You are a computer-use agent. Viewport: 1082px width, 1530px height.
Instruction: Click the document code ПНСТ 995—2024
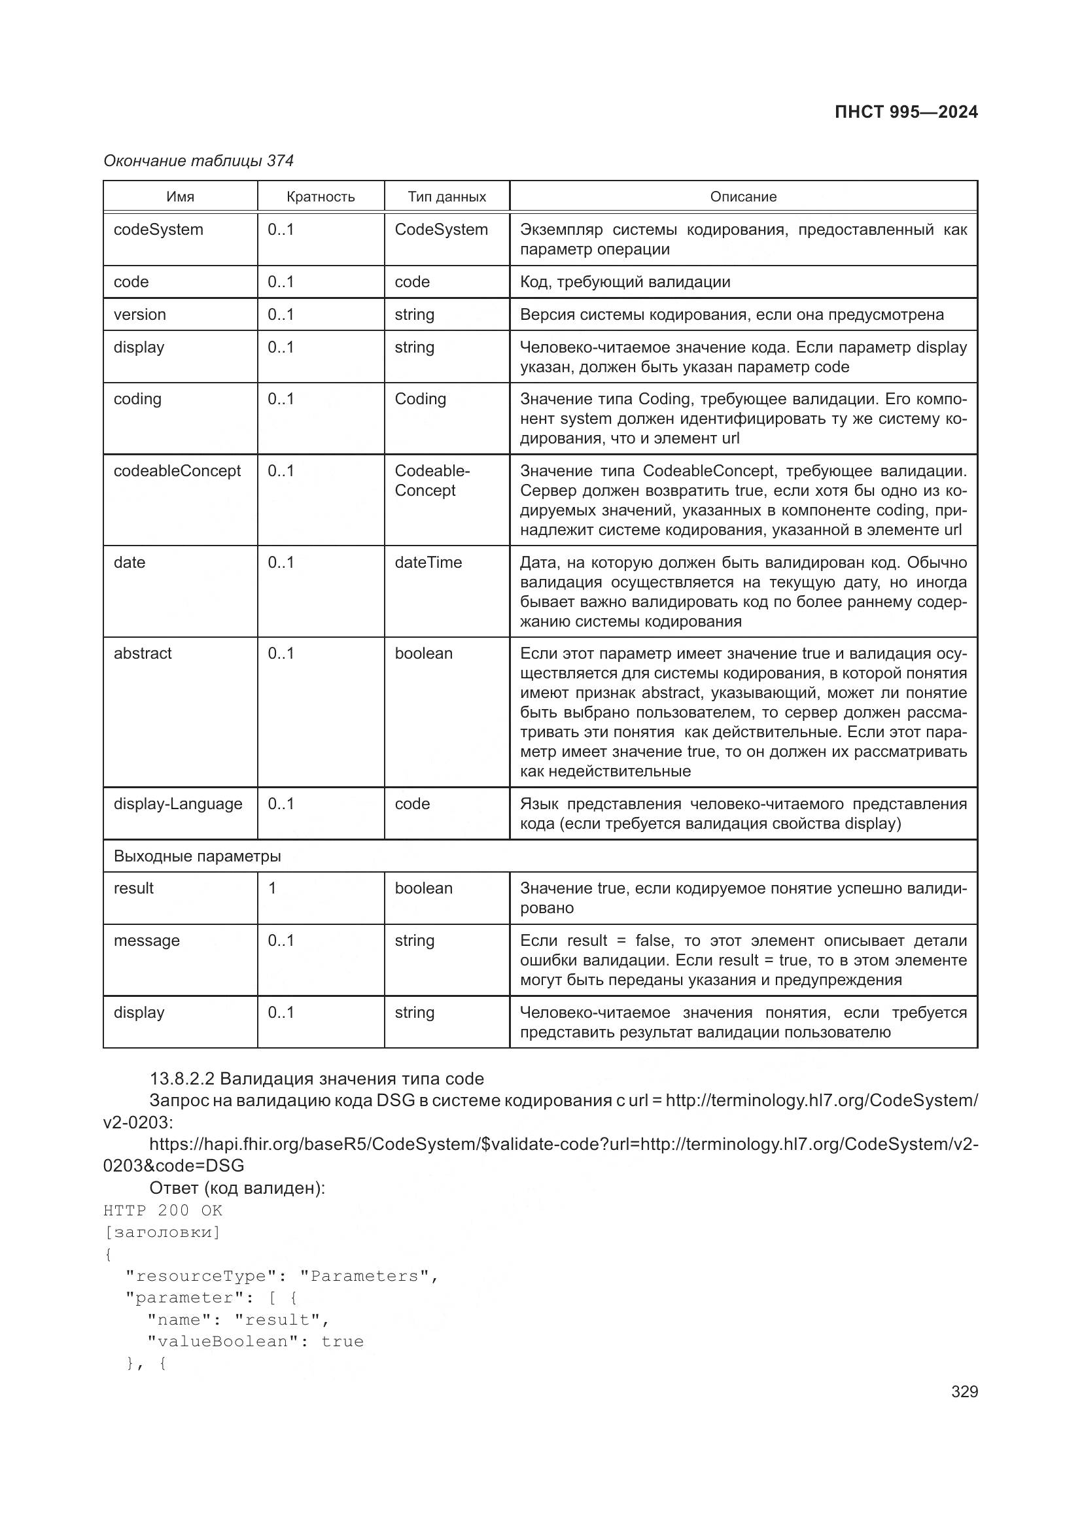[905, 112]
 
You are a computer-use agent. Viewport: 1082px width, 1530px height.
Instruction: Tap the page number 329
[964, 1391]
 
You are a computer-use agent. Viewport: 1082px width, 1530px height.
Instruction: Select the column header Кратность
[321, 197]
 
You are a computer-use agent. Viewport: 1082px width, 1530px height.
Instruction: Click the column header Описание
[743, 197]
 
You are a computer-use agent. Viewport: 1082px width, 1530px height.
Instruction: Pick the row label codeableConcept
[177, 470]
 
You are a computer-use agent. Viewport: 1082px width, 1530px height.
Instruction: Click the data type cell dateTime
[428, 562]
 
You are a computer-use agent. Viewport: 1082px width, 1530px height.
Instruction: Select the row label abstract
[143, 653]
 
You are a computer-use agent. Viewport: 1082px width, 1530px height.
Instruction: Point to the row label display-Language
[178, 804]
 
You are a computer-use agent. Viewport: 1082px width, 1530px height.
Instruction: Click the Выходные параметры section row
[197, 856]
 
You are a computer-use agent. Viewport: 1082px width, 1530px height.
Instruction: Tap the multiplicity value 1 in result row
[272, 888]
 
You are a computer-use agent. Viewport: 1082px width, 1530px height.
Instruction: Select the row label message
[147, 940]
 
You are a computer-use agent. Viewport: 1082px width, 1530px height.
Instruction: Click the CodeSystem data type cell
[441, 229]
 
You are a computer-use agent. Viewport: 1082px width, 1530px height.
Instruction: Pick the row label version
[140, 315]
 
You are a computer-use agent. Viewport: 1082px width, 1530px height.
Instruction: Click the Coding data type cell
[420, 398]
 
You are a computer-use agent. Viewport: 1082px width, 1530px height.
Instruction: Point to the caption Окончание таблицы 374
[199, 161]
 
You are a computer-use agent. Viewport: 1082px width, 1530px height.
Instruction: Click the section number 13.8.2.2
[182, 1078]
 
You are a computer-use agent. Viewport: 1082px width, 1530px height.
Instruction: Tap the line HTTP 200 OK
[163, 1210]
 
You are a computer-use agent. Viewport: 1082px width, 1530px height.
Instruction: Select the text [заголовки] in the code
[162, 1232]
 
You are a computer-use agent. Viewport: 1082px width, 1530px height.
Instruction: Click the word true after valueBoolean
[342, 1342]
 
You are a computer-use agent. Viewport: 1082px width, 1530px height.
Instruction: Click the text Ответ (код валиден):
[237, 1188]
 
